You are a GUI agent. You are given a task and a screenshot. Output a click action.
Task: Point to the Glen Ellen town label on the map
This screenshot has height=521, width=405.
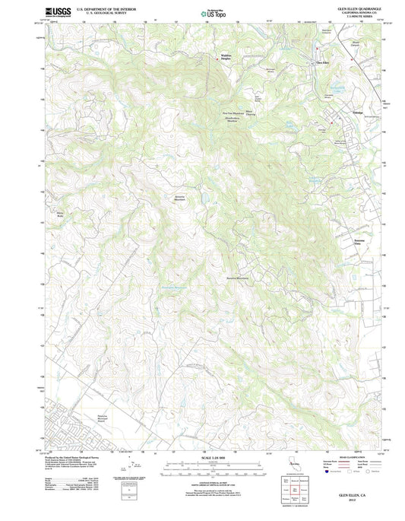[321, 62]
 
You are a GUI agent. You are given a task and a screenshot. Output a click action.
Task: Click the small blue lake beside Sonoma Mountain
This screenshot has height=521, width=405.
[204, 199]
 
